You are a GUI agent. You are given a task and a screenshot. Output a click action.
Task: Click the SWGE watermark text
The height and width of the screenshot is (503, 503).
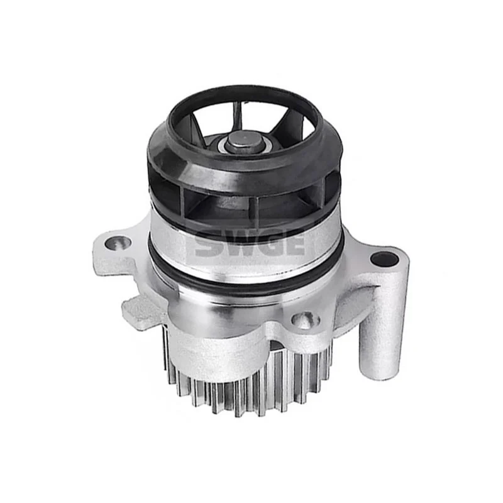point(250,243)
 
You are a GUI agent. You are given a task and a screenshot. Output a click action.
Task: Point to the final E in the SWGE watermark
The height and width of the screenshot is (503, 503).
point(295,242)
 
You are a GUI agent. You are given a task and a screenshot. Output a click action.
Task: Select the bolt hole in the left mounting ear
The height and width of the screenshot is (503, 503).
point(118,243)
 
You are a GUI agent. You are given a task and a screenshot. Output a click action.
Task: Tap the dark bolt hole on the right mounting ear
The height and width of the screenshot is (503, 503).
point(384,258)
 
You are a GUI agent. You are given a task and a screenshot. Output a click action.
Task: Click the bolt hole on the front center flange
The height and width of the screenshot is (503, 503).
point(304,321)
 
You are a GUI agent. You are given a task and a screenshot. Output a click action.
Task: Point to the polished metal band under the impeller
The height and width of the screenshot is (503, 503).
point(245,248)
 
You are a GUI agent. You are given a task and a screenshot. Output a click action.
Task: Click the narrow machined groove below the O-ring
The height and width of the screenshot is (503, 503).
point(245,296)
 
